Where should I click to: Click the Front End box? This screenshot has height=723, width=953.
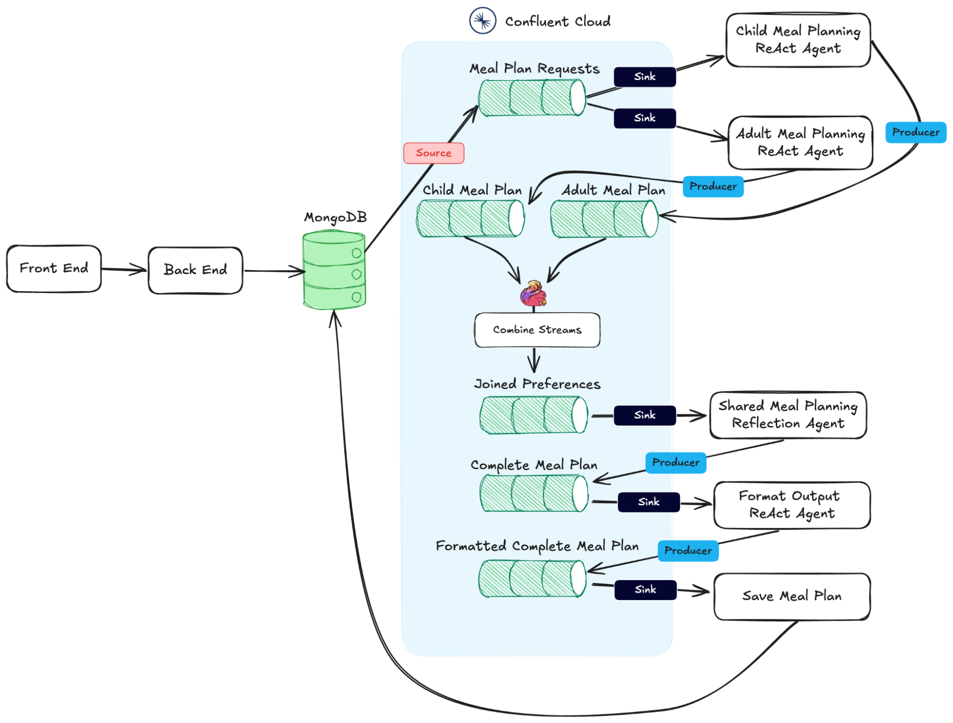click(x=54, y=268)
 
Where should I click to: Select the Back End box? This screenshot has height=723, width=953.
click(x=195, y=270)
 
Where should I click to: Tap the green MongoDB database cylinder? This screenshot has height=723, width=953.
click(x=334, y=270)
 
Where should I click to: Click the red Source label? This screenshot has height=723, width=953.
click(x=433, y=153)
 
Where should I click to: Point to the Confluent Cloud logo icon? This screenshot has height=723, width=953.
click(x=482, y=20)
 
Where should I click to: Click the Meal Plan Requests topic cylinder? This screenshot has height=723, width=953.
click(x=532, y=98)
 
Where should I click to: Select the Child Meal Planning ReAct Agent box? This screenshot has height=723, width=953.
click(x=798, y=40)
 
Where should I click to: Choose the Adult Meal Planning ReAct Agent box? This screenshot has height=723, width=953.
click(x=800, y=143)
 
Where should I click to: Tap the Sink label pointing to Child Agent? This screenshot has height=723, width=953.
click(x=645, y=77)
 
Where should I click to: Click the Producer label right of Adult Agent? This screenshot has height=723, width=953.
click(x=915, y=132)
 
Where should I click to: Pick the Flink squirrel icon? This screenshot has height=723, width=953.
click(x=533, y=293)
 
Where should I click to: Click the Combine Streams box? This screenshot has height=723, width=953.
click(x=537, y=330)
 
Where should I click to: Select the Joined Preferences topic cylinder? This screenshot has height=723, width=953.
click(x=533, y=415)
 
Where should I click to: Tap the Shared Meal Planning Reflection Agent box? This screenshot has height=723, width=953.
click(x=788, y=415)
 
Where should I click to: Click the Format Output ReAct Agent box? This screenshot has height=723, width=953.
click(x=791, y=505)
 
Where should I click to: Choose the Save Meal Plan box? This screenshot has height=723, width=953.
click(x=791, y=596)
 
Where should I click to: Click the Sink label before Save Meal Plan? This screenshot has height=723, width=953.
click(x=645, y=590)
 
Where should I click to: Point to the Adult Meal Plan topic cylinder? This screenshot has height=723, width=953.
click(x=604, y=219)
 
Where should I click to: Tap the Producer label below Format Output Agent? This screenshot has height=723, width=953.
click(x=687, y=550)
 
